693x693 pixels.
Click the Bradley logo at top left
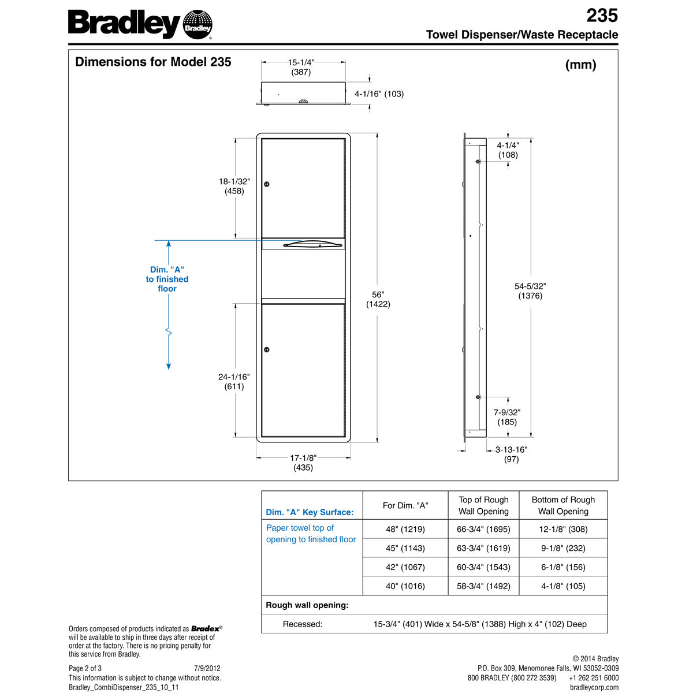pyautogui.click(x=140, y=25)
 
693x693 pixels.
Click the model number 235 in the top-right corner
pyautogui.click(x=602, y=15)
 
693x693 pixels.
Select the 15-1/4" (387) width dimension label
pyautogui.click(x=301, y=67)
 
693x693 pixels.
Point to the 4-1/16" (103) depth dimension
pyautogui.click(x=379, y=94)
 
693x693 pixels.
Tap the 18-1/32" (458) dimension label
pyautogui.click(x=234, y=186)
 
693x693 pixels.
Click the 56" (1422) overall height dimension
pyautogui.click(x=378, y=299)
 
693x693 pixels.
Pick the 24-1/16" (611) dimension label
pyautogui.click(x=234, y=382)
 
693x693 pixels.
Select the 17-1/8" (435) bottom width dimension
pyautogui.click(x=303, y=463)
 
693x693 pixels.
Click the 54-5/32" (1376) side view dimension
pyautogui.click(x=530, y=290)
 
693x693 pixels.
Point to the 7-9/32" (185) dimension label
pyautogui.click(x=507, y=417)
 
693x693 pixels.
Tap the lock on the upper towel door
pyautogui.click(x=266, y=184)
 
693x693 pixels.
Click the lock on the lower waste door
pyautogui.click(x=266, y=349)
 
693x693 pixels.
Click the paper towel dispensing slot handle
pyautogui.click(x=303, y=244)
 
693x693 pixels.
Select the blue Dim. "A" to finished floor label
pyautogui.click(x=167, y=279)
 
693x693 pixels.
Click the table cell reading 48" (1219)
pyautogui.click(x=405, y=529)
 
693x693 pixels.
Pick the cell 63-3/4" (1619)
pyautogui.click(x=483, y=548)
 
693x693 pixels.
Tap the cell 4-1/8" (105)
pyautogui.click(x=563, y=586)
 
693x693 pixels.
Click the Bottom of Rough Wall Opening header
pyautogui.click(x=563, y=505)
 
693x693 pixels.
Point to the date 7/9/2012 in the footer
pyautogui.click(x=207, y=668)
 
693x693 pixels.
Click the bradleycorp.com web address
pyautogui.click(x=594, y=687)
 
